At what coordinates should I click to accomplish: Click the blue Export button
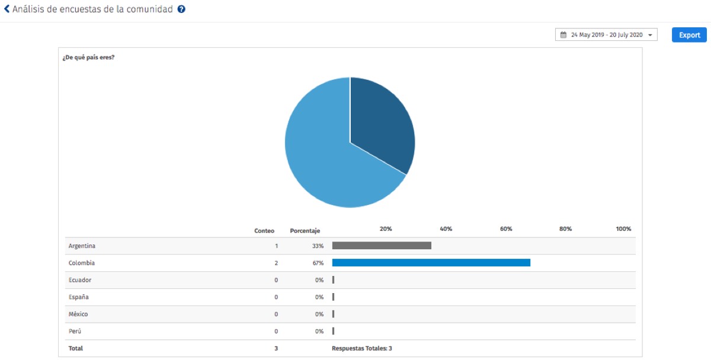pyautogui.click(x=689, y=35)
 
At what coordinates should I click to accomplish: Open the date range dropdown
pyautogui.click(x=606, y=35)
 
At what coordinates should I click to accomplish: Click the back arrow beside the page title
pyautogui.click(x=7, y=9)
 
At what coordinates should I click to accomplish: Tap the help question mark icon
pyautogui.click(x=181, y=9)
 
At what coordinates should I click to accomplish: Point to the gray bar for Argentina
pyautogui.click(x=382, y=246)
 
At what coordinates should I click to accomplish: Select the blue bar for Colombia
pyautogui.click(x=431, y=263)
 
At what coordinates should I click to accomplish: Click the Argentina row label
pyautogui.click(x=82, y=246)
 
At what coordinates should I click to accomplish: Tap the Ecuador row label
pyautogui.click(x=80, y=280)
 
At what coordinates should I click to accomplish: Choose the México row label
pyautogui.click(x=78, y=314)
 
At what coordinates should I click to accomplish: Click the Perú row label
pyautogui.click(x=75, y=332)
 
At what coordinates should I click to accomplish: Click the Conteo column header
pyautogui.click(x=264, y=230)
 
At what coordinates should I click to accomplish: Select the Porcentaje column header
pyautogui.click(x=305, y=230)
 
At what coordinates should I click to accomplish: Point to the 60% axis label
pyautogui.click(x=506, y=229)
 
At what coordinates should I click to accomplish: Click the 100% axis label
pyautogui.click(x=623, y=229)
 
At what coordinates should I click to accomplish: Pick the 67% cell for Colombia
pyautogui.click(x=318, y=263)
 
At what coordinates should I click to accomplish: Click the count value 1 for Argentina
pyautogui.click(x=276, y=246)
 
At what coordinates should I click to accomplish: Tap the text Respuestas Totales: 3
pyautogui.click(x=361, y=349)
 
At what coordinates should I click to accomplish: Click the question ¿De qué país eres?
pyautogui.click(x=88, y=58)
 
